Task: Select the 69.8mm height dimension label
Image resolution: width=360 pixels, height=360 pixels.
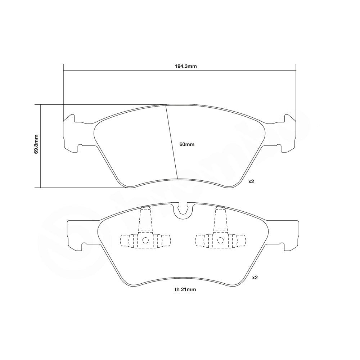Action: click(36, 144)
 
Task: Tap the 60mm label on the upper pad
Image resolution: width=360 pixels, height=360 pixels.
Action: click(187, 144)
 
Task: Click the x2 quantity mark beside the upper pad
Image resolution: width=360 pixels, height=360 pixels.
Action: click(251, 181)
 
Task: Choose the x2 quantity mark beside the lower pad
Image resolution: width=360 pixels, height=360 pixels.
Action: click(255, 278)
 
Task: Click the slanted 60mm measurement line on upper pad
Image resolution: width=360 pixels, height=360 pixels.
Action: click(172, 142)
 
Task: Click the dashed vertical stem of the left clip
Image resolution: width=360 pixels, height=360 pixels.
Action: click(145, 220)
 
